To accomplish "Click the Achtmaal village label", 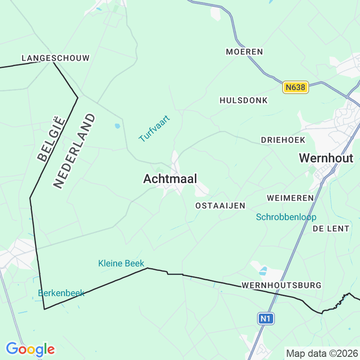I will pos(170,179).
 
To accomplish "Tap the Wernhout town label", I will pos(326,158).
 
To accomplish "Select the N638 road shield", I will pos(296,87).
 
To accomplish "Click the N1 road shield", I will pos(266,319).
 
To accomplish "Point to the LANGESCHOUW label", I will pos(55,58).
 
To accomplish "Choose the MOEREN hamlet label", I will pos(244,52).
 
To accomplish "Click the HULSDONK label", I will pos(243,100).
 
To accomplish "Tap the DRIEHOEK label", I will pos(283,140).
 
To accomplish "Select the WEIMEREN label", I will pos(290,198).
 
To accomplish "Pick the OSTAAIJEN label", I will pos(220,206).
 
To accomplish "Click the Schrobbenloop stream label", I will pos(286,217).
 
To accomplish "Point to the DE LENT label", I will pos(331,229).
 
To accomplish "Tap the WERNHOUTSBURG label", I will pos(281,285).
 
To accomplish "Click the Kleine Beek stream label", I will pos(121,263).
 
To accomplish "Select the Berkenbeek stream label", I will pos(61,293).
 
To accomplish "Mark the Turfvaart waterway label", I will pos(154,129).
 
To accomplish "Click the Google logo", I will pos(30,349).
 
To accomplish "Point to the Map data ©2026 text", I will pos(322,353).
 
